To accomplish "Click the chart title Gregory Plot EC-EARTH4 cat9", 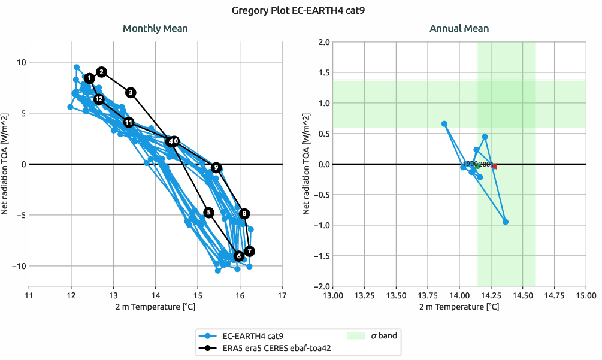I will click(301, 10).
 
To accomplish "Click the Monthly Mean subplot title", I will click(155, 28).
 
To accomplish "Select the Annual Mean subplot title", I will click(459, 28).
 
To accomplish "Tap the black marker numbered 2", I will click(102, 72).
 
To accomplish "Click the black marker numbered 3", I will click(131, 92).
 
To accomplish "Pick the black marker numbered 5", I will click(208, 213).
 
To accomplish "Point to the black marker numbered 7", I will click(250, 251).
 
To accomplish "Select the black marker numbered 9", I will click(216, 168).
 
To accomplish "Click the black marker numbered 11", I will click(129, 122).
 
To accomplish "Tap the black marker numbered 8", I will click(244, 214).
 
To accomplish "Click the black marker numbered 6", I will click(238, 256).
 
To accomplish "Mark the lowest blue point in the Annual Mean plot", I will click(506, 222).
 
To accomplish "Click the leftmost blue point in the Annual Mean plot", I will click(444, 124).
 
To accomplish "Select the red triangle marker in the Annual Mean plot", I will click(494, 167).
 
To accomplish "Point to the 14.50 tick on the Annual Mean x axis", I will click(522, 295).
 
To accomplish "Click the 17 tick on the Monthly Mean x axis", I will click(282, 295).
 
